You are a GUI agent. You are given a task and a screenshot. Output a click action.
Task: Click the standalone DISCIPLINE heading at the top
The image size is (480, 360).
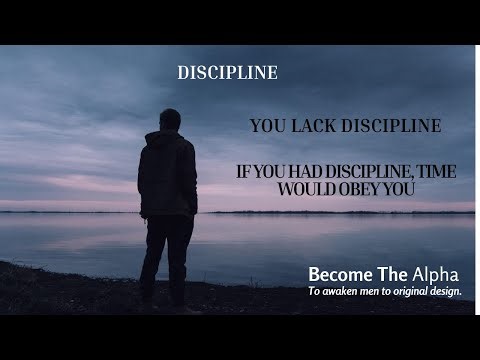click(x=227, y=73)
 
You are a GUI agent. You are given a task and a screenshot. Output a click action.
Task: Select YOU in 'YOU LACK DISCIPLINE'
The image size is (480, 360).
click(x=266, y=126)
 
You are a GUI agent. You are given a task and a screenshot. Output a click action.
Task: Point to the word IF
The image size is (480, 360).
click(x=243, y=172)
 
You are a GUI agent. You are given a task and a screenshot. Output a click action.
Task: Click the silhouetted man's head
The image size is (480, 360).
click(x=170, y=120)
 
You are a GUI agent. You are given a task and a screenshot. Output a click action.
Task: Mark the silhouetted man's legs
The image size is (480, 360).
click(x=167, y=260)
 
